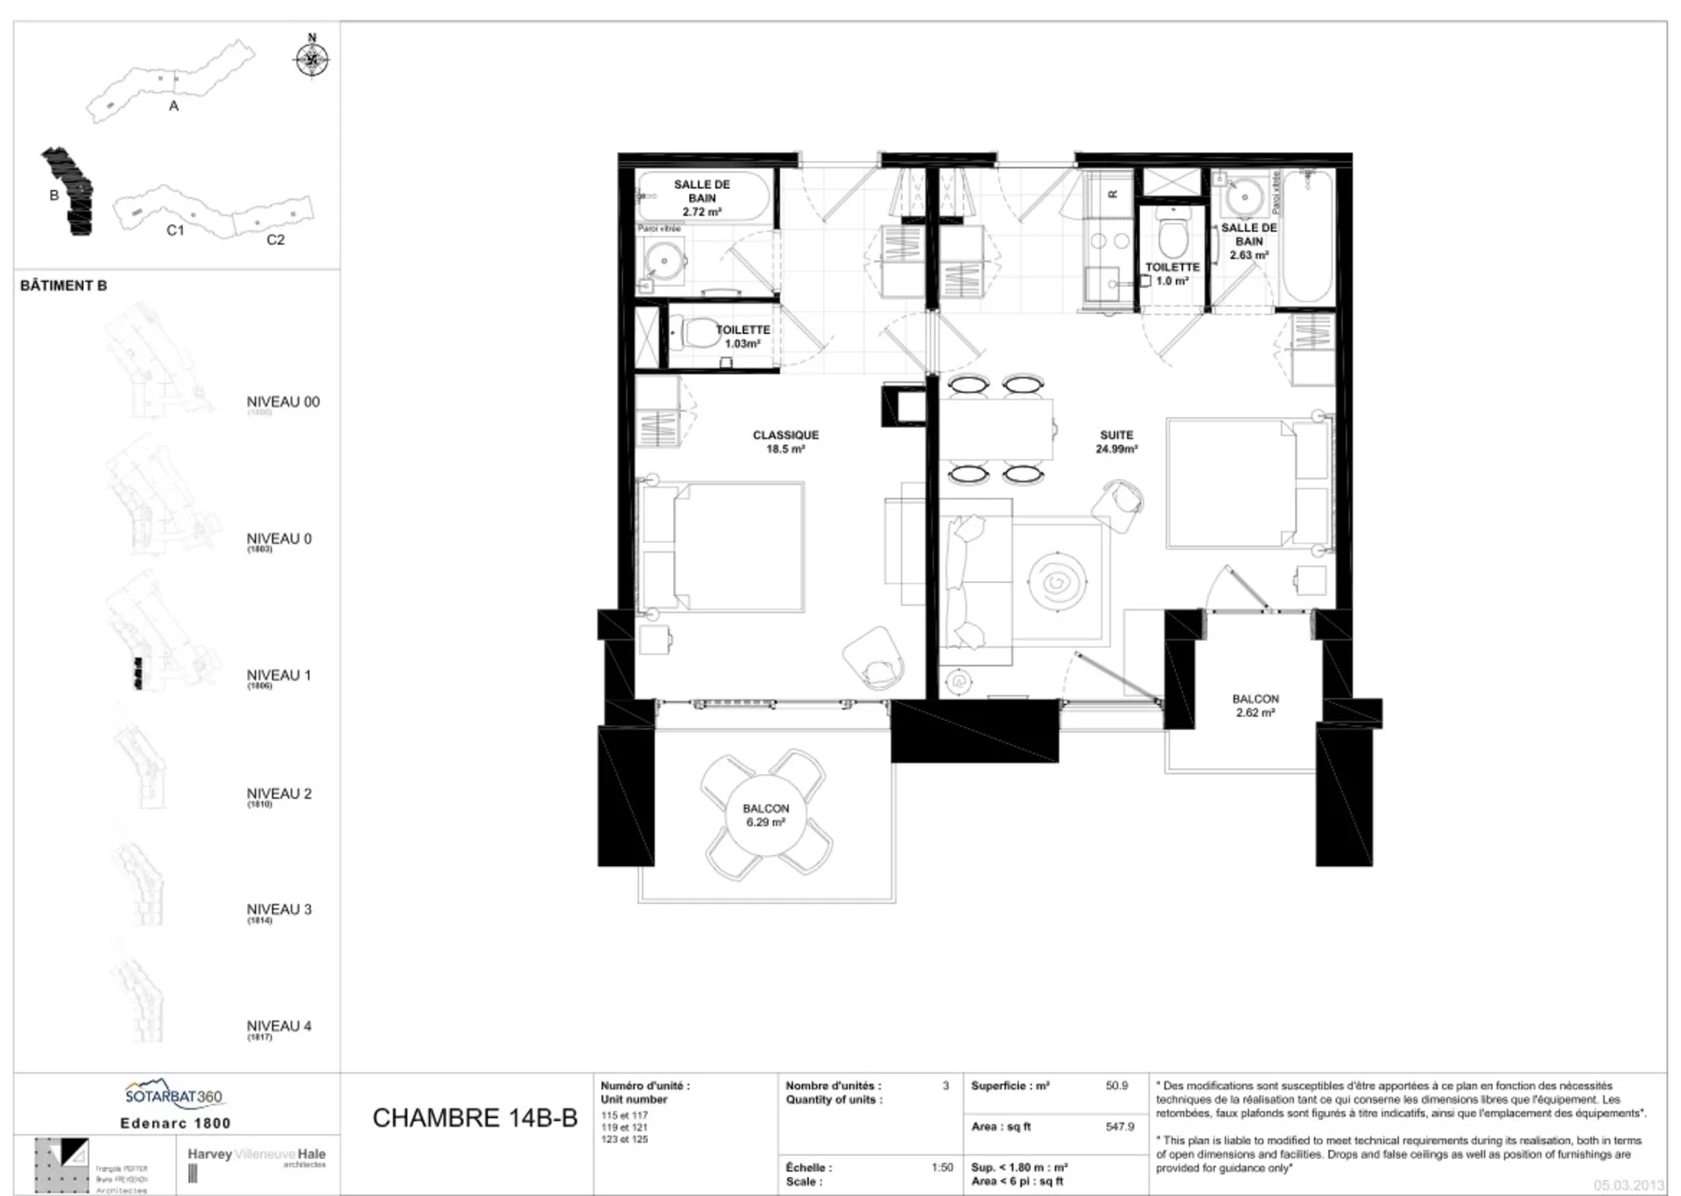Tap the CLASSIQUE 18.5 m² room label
click(x=785, y=441)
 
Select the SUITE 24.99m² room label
click(x=1116, y=441)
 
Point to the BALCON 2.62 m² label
click(x=1255, y=706)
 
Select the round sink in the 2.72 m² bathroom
click(x=662, y=259)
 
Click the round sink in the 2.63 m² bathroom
click(x=1243, y=197)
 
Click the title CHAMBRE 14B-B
click(x=475, y=1118)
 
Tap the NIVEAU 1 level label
click(x=278, y=675)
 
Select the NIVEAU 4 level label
click(x=278, y=1026)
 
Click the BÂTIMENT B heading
click(x=64, y=285)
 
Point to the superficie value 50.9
click(x=1116, y=1086)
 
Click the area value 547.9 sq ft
click(x=1120, y=1127)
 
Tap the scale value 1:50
click(x=942, y=1167)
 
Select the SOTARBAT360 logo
click(x=174, y=1095)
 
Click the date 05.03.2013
click(x=1628, y=1185)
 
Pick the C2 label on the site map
click(x=275, y=240)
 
